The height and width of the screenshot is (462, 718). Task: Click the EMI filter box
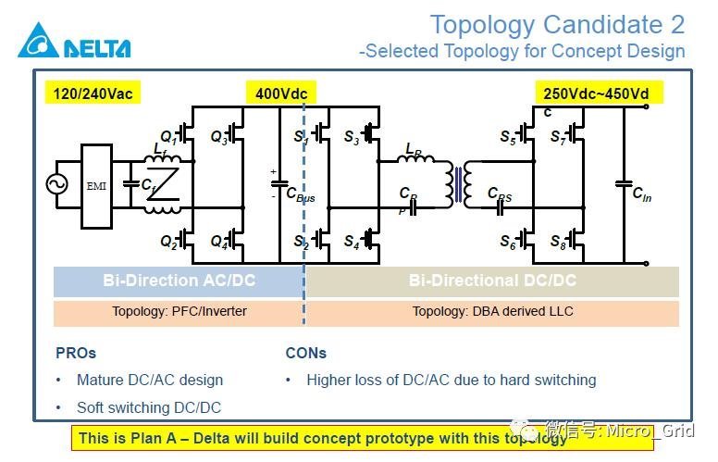(x=96, y=185)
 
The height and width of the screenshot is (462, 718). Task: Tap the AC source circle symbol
(x=56, y=185)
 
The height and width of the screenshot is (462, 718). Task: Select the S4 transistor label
(x=352, y=243)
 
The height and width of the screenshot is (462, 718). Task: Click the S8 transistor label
(x=557, y=244)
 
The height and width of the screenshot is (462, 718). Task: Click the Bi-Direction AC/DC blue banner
(x=178, y=281)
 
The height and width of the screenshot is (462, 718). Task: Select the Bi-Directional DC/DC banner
(x=492, y=281)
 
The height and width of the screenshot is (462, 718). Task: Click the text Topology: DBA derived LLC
(x=492, y=311)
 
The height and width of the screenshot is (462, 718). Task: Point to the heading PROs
(x=76, y=353)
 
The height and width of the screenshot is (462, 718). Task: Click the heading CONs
(x=305, y=353)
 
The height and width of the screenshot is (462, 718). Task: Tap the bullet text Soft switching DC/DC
(x=148, y=407)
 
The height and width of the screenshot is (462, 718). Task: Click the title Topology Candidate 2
(x=557, y=24)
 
